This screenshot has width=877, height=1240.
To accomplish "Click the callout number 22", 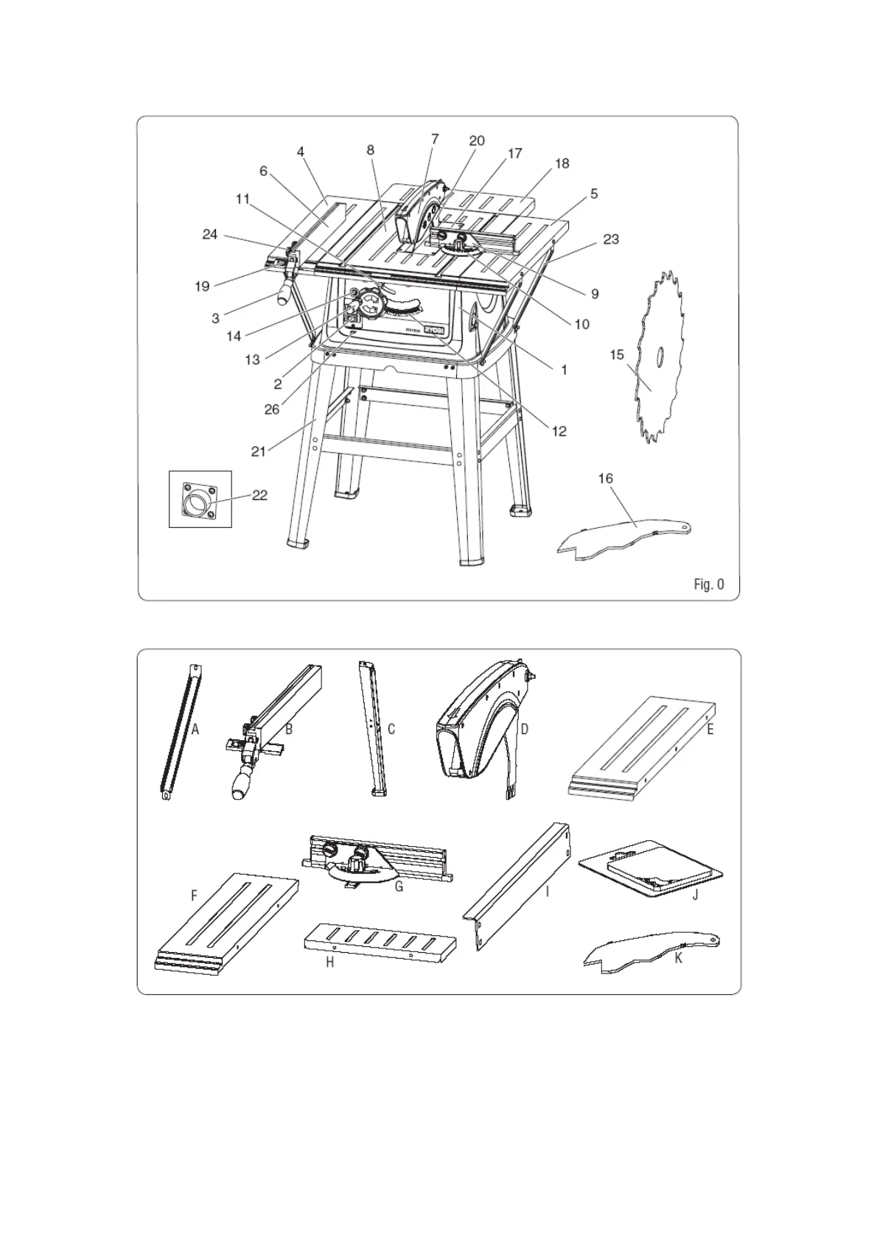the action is [259, 496].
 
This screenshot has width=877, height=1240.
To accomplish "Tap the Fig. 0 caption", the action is [708, 585].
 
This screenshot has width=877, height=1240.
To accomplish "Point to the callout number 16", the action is [605, 479].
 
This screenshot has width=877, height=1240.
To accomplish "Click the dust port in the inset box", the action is [197, 505].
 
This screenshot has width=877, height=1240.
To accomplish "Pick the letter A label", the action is [195, 729].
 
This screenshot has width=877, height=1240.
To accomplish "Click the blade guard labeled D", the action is [479, 725].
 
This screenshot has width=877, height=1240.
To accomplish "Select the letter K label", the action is [678, 958].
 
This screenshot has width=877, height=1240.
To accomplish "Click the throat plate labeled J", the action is [649, 869].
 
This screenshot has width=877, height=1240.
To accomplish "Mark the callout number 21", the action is [258, 451].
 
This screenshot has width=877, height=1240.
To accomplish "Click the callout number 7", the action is [435, 138].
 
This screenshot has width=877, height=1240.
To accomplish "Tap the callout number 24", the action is [210, 234].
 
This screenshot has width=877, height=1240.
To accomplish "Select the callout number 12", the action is [559, 431].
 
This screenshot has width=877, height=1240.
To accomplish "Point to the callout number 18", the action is [562, 163].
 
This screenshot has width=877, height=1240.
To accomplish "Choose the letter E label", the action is [710, 729].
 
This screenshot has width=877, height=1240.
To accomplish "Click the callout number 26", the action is [272, 409].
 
